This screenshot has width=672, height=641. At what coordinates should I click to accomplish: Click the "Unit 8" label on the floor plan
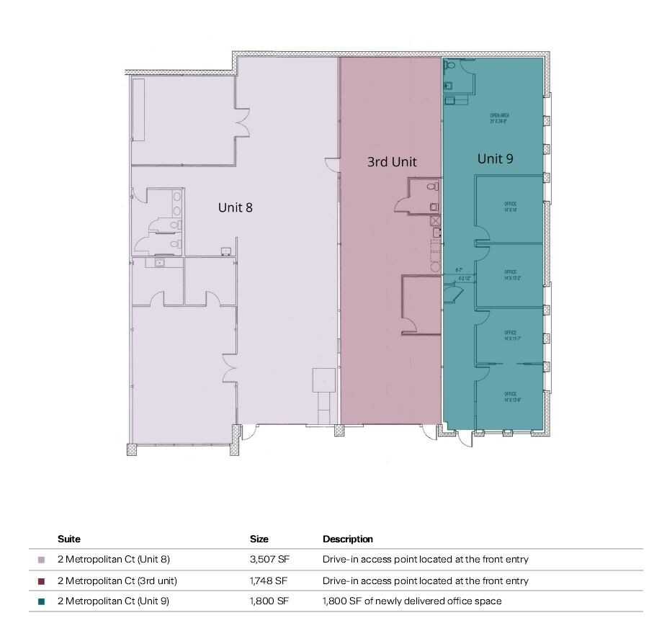click(x=235, y=207)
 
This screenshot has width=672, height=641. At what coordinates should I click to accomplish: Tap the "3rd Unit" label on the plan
click(x=392, y=162)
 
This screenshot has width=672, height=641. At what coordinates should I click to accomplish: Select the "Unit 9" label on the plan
click(x=495, y=158)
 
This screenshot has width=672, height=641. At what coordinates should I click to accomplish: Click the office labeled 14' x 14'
click(x=510, y=207)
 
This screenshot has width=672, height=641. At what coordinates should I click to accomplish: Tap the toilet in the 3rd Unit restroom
click(x=432, y=187)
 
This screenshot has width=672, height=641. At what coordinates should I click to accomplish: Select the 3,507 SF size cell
click(x=268, y=560)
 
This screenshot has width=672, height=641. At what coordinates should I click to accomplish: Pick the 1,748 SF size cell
click(x=268, y=581)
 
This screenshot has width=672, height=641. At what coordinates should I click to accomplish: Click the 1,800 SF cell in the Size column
click(x=268, y=601)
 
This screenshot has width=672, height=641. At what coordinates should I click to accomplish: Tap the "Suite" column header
click(x=68, y=539)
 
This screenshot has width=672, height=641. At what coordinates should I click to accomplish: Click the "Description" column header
click(x=347, y=539)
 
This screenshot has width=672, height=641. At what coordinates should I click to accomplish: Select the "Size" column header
click(x=259, y=539)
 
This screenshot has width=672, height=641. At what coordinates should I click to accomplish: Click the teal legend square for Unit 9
click(x=42, y=601)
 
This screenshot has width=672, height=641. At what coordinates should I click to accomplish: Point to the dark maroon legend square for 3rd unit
click(x=42, y=581)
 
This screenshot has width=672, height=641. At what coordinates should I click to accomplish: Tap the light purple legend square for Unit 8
click(x=42, y=560)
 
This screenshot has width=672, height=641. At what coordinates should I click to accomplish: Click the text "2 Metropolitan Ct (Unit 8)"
click(x=113, y=560)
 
